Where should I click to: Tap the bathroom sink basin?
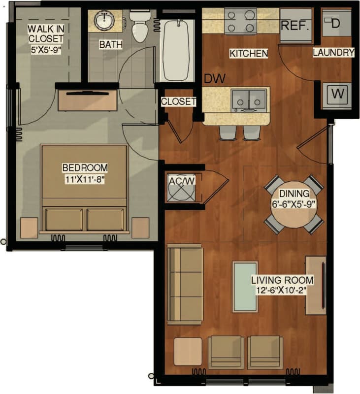(105, 21)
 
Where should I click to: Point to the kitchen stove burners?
(240, 21)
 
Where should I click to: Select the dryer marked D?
(337, 23)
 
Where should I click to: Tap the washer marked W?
(337, 93)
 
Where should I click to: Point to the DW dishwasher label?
(213, 78)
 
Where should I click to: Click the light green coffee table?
(245, 287)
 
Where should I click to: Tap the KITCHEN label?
(249, 53)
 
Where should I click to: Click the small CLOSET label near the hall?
(178, 102)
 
